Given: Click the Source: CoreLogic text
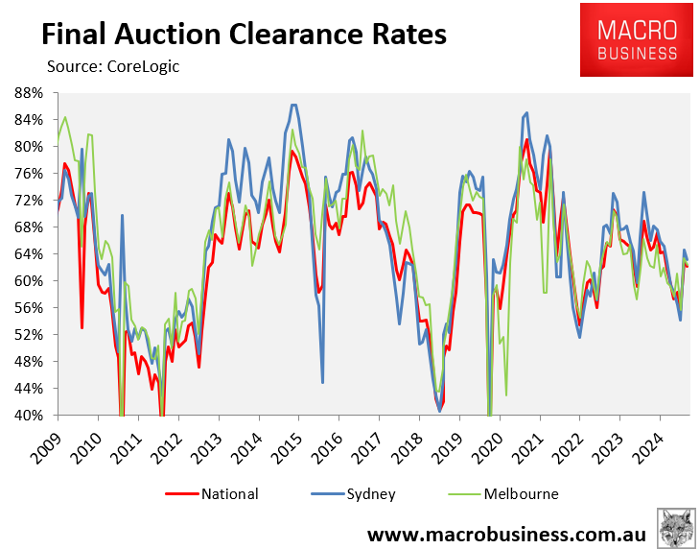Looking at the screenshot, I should tap(113, 66).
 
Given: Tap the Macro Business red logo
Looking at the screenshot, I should tap(635, 39).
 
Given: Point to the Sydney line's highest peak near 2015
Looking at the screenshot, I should tap(293, 105).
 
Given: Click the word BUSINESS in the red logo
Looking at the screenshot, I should tap(635, 54).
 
